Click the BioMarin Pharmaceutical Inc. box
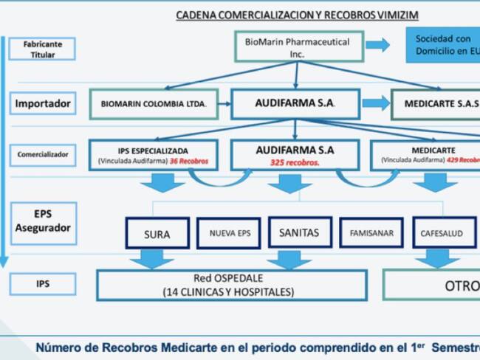297,48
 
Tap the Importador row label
44,104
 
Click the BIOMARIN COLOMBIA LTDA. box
157,104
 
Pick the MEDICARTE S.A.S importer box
437,104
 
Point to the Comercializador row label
44,155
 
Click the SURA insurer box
157,235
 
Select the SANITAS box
299,233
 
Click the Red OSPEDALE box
231,285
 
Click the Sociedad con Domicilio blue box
443,44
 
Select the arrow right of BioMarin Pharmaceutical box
377,45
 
